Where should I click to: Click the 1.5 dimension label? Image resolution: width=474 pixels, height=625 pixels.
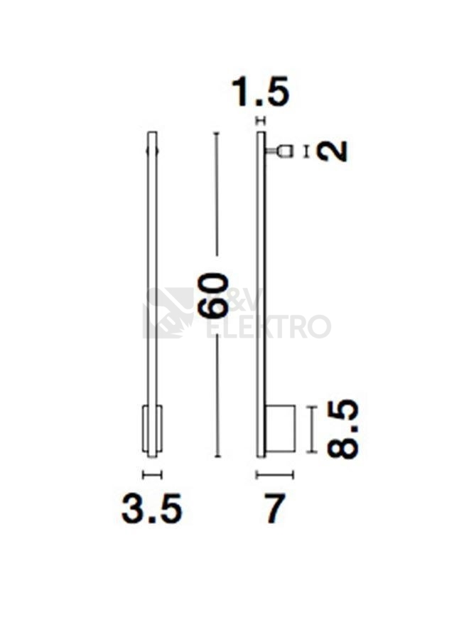261,92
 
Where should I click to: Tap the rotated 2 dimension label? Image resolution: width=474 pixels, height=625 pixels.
333,151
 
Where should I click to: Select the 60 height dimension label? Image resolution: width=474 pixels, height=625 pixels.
215,294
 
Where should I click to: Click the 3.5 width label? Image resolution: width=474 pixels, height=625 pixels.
152,509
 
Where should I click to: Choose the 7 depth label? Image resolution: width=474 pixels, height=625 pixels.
274,509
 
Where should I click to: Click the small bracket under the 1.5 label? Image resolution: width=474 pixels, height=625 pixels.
260,120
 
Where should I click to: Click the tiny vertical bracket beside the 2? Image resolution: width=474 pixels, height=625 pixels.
306,151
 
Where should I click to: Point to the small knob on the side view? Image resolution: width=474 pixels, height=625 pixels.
284,151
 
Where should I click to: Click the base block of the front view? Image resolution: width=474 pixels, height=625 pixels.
152,429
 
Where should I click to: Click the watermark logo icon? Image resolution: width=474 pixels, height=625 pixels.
168,313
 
